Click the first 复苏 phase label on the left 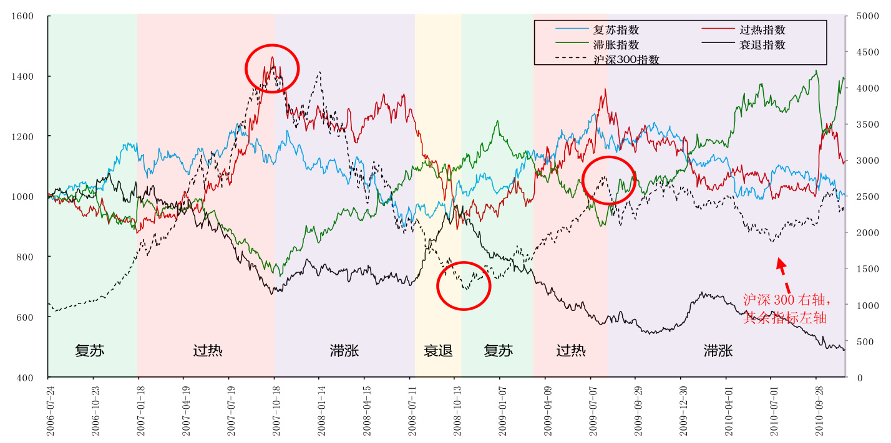90,351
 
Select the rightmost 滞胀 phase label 718,351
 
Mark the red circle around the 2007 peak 272,69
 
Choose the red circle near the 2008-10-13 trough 464,285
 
